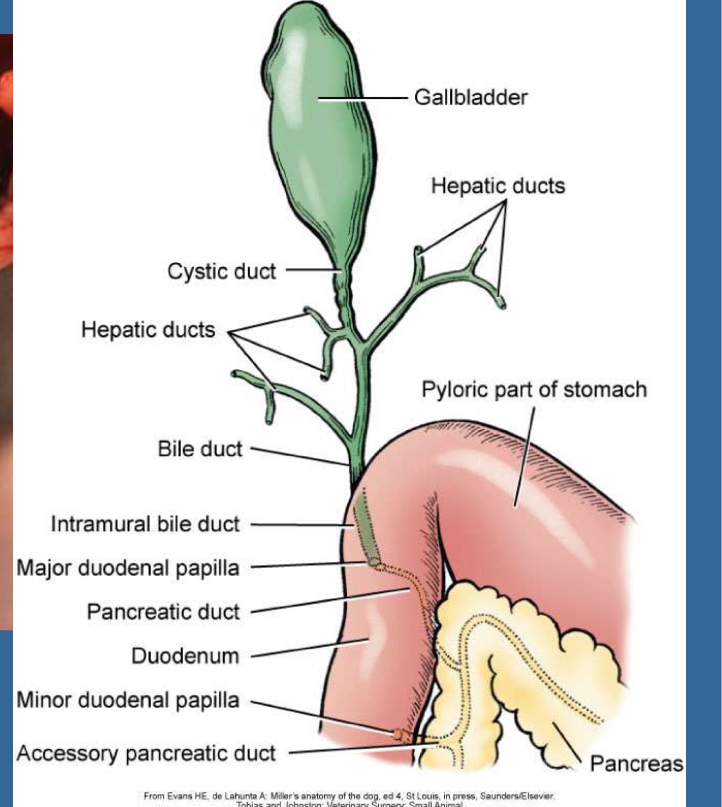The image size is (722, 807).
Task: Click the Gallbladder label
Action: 470,98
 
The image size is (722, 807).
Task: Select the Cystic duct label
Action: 222,271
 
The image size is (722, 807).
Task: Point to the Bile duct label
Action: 200,449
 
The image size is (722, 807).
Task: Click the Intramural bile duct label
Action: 145,524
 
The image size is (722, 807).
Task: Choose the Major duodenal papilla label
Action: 128,568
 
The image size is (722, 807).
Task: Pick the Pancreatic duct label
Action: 163,612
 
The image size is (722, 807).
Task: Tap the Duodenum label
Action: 186,655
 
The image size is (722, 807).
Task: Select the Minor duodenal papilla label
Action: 128,700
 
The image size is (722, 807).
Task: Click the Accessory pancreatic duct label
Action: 146,753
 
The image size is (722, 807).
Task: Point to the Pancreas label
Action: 636,763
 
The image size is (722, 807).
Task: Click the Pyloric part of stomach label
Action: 534,390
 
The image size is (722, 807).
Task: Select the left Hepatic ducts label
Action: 148,330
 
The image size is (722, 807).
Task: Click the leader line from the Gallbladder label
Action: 363,99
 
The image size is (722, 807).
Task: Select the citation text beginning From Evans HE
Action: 349,796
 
